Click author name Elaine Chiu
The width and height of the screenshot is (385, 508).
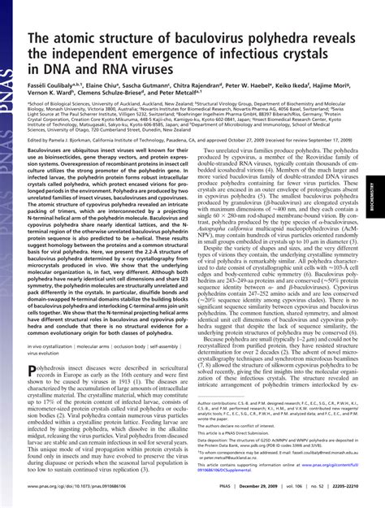(x=113, y=82)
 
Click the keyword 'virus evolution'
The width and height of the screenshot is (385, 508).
(x=47, y=354)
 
